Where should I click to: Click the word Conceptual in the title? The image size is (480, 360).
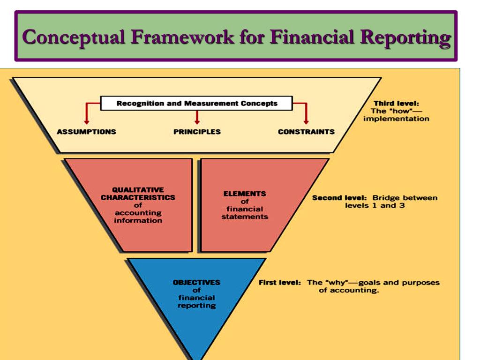[74, 37]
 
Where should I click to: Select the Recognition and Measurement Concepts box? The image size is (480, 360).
[197, 104]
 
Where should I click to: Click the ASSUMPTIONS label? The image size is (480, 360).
[87, 132]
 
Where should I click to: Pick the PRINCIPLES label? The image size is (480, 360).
[197, 132]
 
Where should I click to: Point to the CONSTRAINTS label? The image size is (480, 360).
[306, 132]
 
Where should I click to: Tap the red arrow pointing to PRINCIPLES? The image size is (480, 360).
[197, 117]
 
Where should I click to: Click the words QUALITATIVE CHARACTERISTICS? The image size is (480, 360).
[138, 194]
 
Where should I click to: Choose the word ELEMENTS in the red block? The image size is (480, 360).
[245, 194]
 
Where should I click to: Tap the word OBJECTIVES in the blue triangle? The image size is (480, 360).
[196, 283]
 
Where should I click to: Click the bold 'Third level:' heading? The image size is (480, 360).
[396, 103]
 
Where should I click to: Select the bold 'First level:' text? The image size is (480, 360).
[279, 283]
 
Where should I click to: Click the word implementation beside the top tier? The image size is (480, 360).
[396, 119]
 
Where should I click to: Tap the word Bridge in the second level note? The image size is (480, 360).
[383, 198]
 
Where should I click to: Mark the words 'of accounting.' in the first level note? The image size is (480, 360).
[349, 290]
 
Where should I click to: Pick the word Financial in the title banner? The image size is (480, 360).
[309, 37]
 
